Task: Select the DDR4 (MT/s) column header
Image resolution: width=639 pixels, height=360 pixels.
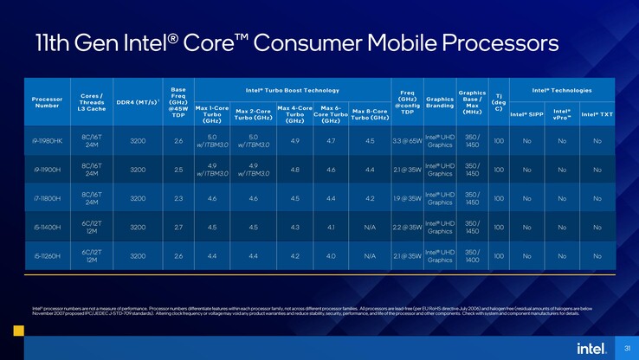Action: (x=137, y=102)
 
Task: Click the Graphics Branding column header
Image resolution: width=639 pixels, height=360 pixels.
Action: (x=440, y=102)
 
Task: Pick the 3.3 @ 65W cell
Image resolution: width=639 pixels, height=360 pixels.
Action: (x=407, y=140)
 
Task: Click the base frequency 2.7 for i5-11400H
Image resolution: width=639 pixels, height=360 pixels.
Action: (x=178, y=228)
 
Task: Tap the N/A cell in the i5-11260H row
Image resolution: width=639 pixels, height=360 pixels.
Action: (x=370, y=256)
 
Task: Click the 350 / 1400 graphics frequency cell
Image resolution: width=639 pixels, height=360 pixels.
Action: (x=472, y=256)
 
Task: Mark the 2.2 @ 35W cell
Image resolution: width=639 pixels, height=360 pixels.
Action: (x=407, y=228)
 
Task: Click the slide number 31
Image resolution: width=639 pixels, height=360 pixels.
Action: (x=626, y=349)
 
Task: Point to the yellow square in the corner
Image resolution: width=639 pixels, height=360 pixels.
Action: (x=17, y=331)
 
